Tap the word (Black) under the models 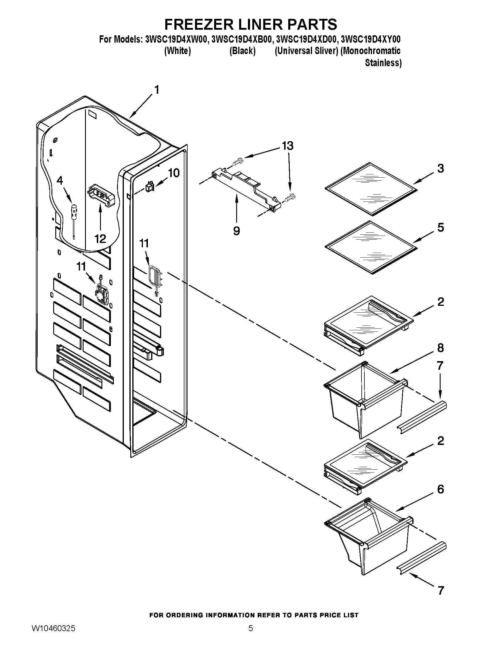tap(242, 51)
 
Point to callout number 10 tap(174, 173)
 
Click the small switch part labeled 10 tap(149, 187)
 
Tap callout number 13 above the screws tap(287, 146)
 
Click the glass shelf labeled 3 tap(371, 189)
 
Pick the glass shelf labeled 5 tap(371, 247)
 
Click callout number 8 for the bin tap(441, 348)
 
